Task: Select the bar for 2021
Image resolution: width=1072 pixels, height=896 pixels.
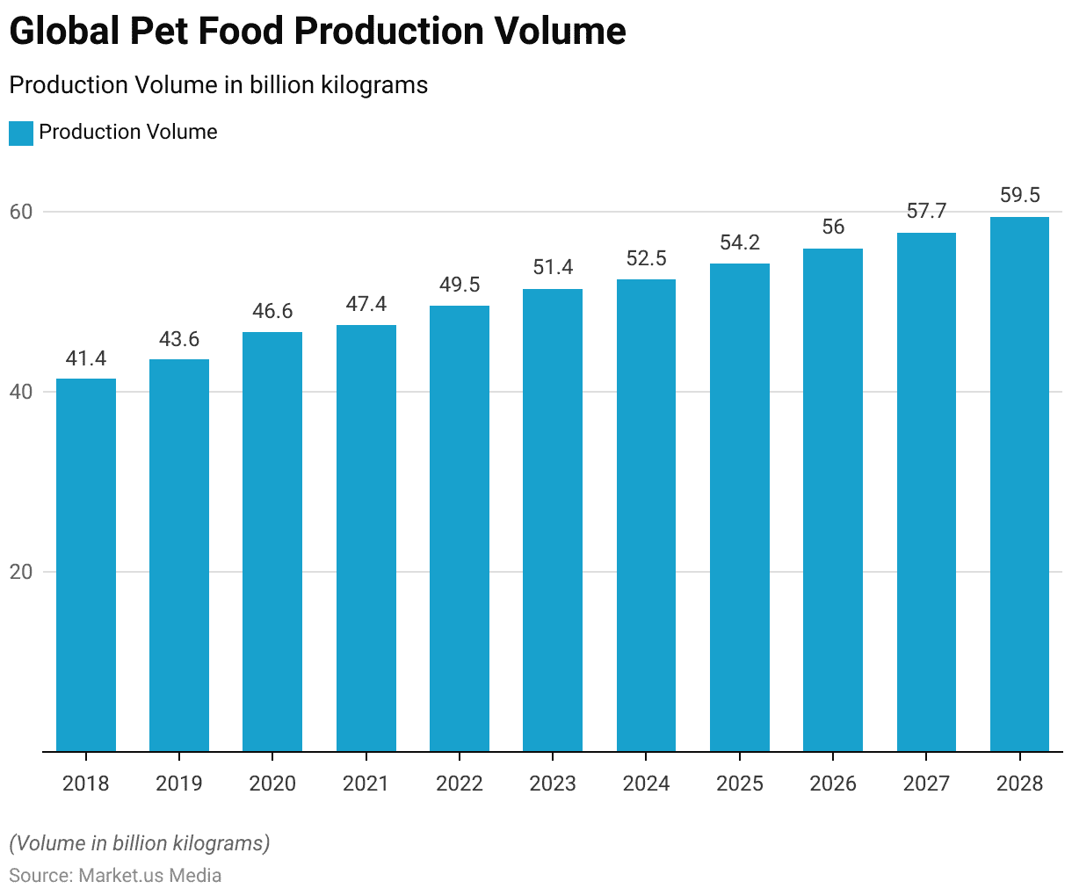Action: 366,538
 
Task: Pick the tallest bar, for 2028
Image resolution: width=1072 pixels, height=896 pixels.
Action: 1019,484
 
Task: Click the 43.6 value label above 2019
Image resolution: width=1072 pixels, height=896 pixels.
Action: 179,339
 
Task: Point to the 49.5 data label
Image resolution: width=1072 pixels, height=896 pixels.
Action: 460,285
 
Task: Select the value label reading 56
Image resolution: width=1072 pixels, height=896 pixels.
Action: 833,228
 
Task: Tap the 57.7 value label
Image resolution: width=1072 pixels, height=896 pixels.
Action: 926,212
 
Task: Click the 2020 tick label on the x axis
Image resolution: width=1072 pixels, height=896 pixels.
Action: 272,784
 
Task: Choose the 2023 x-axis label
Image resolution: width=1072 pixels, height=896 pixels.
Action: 553,784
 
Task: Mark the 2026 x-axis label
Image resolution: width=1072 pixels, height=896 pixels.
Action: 833,784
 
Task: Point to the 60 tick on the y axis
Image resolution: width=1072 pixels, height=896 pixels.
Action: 21,212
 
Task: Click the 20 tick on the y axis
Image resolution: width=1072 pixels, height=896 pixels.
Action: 21,572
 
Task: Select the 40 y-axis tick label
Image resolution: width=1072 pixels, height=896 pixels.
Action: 21,392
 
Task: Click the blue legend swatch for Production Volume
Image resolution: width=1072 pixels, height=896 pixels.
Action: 21,133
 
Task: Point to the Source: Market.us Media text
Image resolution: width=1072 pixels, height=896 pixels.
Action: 115,876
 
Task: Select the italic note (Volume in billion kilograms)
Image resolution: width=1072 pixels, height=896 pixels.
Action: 140,843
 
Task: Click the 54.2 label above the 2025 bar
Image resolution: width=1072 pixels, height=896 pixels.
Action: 740,243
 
